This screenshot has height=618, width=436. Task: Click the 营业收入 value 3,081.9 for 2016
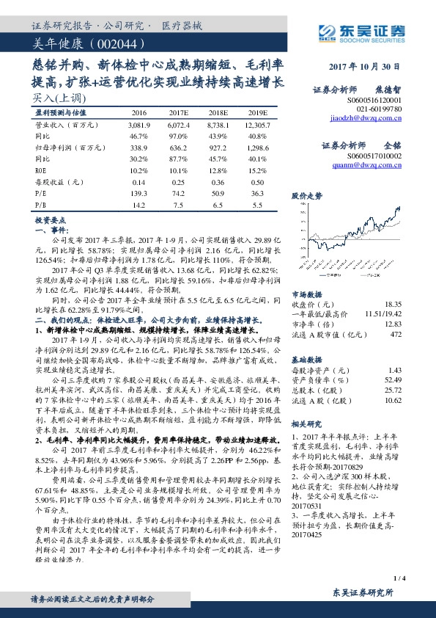[x=139, y=126]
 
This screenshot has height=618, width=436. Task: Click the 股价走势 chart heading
[x=307, y=196]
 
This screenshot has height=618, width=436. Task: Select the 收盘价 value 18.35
[x=392, y=303]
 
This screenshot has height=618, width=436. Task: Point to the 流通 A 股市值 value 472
[x=396, y=334]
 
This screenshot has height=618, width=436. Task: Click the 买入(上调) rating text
[x=50, y=97]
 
